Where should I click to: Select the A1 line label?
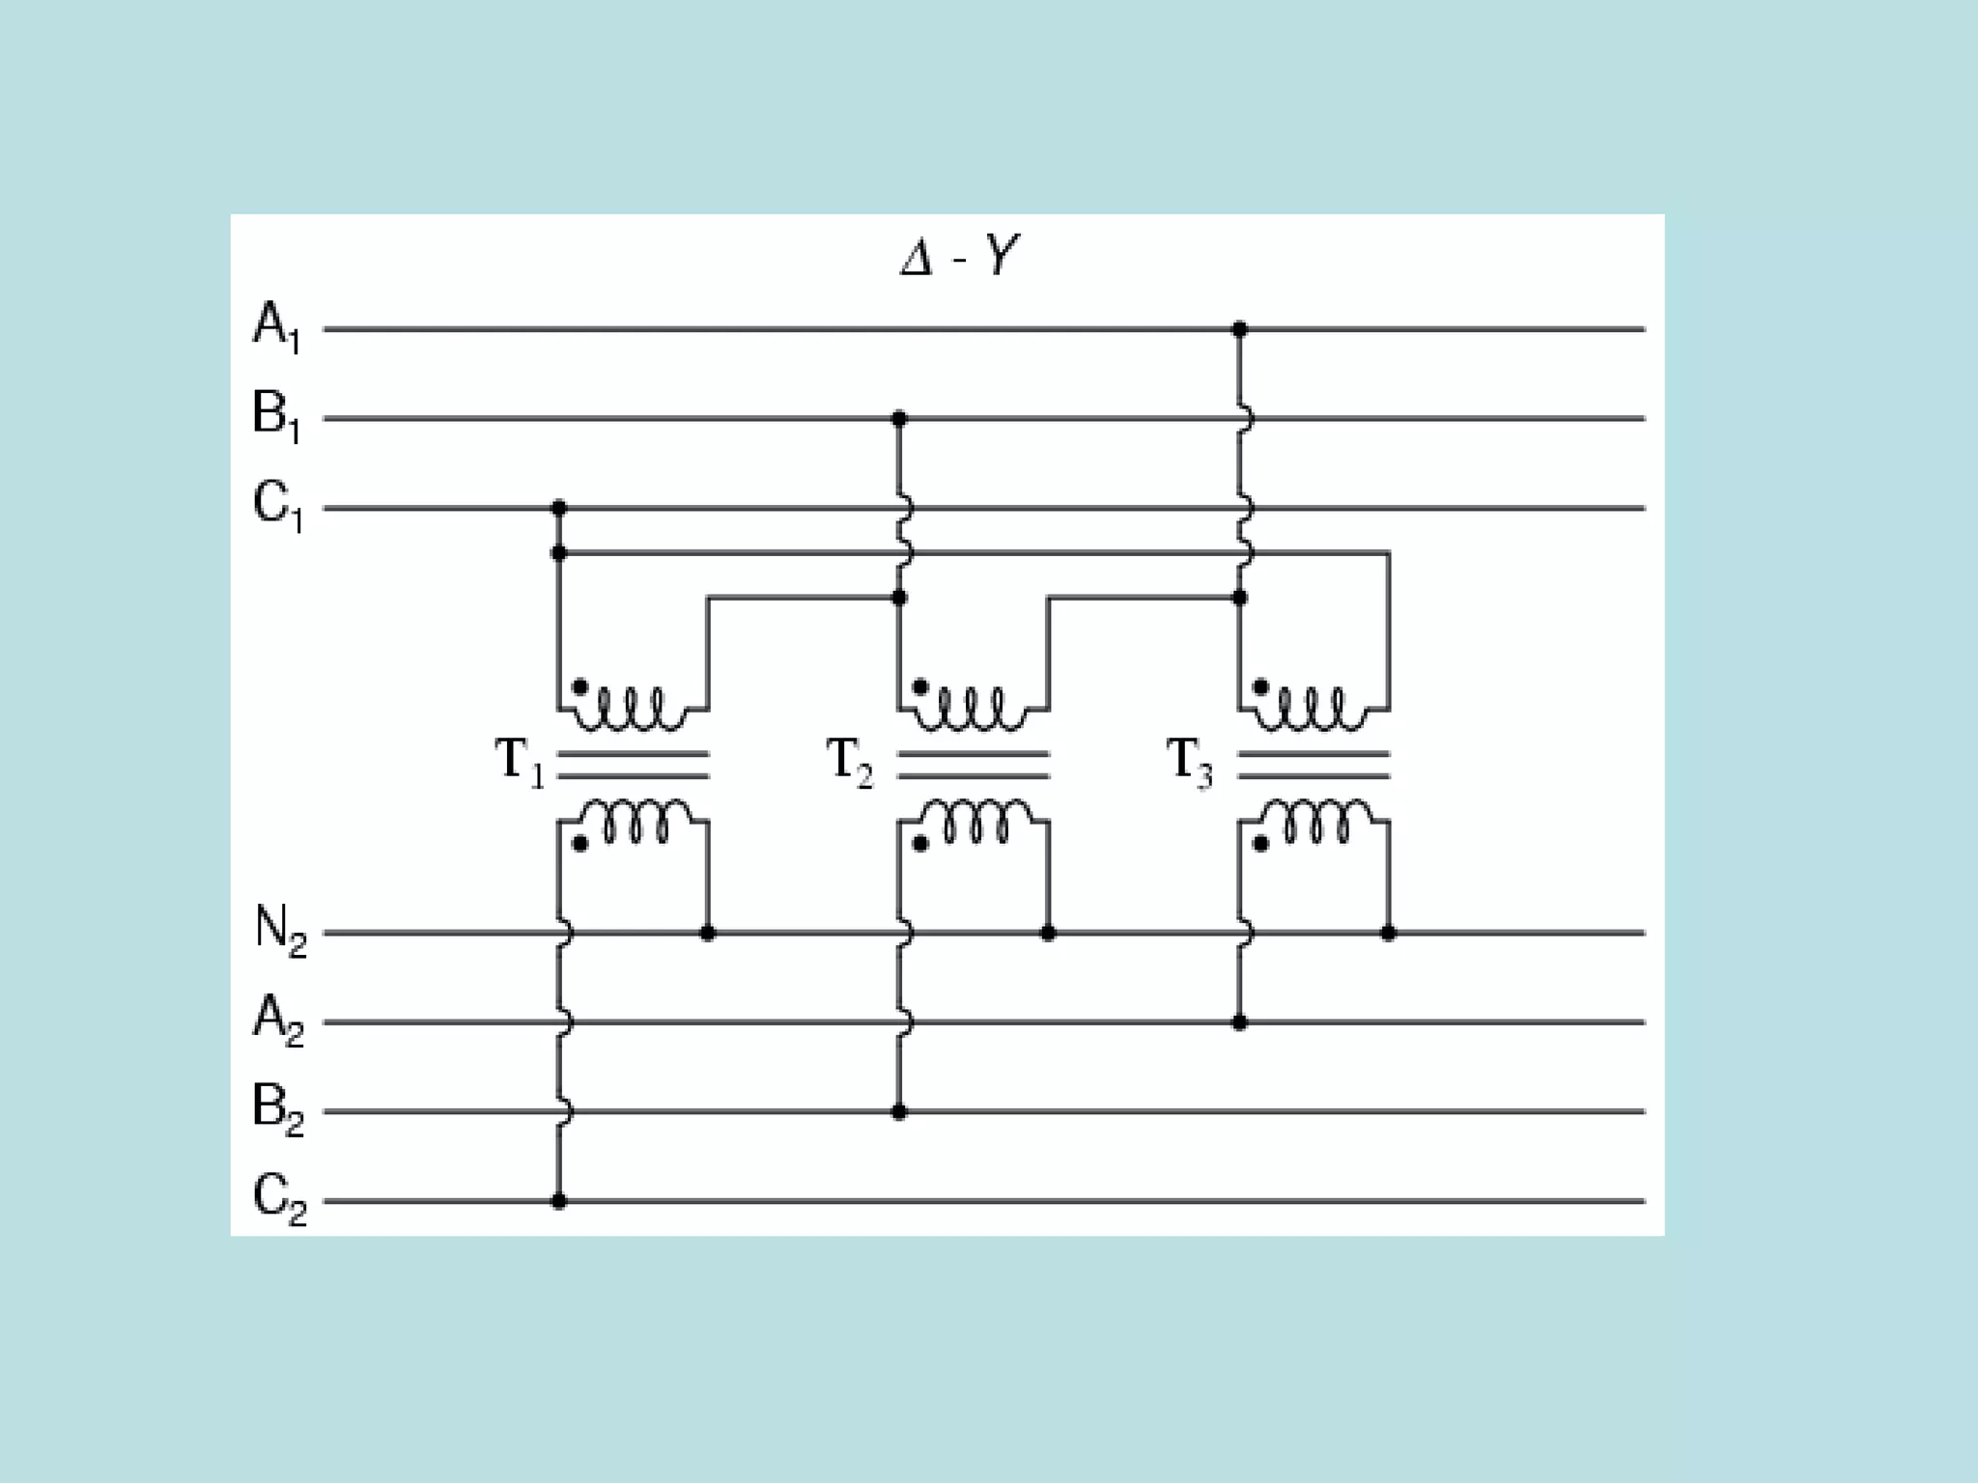coord(277,325)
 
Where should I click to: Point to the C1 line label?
coord(277,504)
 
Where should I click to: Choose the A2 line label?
coord(278,1019)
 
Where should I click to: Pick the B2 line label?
coord(278,1107)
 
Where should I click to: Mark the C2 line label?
coord(279,1197)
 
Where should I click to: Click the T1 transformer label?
coord(520,761)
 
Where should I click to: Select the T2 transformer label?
coord(850,761)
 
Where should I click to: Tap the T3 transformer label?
coord(1190,761)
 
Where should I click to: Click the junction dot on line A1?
coord(1240,330)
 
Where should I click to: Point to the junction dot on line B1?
coord(899,419)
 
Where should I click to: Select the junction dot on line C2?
coord(558,1201)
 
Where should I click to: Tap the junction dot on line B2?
coord(899,1112)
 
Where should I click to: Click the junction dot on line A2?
coord(1240,1022)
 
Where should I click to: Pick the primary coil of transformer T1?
coord(633,710)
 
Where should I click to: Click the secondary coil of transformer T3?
coord(1314,821)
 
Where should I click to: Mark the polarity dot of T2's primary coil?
coord(920,687)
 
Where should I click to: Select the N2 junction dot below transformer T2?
coord(1048,934)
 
